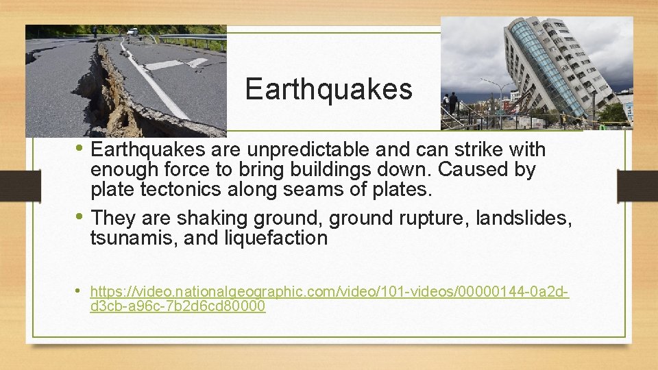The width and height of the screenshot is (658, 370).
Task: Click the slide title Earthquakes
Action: coord(328,89)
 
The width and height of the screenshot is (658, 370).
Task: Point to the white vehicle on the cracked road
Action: coord(132,32)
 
